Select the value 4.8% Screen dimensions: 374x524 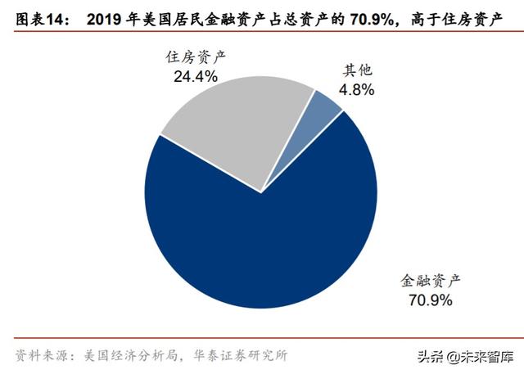[x=355, y=90]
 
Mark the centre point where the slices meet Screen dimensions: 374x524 [x=261, y=193]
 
